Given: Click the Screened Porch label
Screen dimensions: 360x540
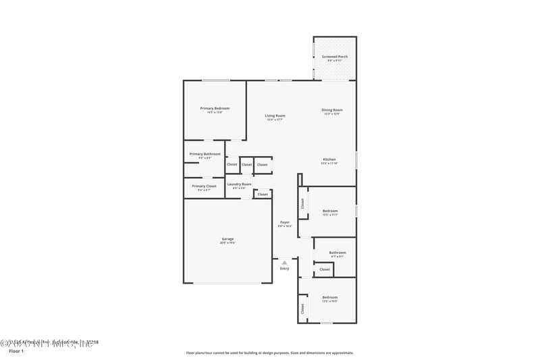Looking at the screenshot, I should click(335, 57).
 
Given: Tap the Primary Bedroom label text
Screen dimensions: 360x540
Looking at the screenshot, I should click(215, 108).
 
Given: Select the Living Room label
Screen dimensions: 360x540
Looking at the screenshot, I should click(275, 115).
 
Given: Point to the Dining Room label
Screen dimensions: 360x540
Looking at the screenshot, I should click(332, 110).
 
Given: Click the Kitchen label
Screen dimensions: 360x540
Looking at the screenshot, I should click(329, 159).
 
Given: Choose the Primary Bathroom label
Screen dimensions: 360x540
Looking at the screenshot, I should click(205, 154).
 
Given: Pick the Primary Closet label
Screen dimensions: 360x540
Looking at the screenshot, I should click(204, 186).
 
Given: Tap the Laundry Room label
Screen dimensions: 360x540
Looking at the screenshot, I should click(239, 184).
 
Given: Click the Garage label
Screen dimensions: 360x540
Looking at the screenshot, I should click(228, 239).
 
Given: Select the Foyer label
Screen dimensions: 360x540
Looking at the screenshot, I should click(285, 222).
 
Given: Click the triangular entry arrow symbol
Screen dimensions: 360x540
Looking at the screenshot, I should click(284, 262).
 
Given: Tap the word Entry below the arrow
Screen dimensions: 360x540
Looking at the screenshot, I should click(284, 269).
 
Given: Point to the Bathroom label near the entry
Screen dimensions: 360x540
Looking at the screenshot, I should click(337, 253).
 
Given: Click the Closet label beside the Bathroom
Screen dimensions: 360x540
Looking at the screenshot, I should click(325, 269).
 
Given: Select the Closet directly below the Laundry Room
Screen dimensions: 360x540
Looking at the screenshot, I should click(263, 195).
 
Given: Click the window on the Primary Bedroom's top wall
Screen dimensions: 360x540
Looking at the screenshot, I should click(215, 81).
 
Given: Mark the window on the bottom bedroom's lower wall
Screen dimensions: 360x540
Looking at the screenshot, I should click(326, 323).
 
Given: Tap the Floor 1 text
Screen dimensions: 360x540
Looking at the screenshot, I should click(16, 352).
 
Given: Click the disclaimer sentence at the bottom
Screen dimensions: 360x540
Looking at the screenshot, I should click(269, 353).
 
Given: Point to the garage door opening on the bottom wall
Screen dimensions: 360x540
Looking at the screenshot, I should click(228, 283).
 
